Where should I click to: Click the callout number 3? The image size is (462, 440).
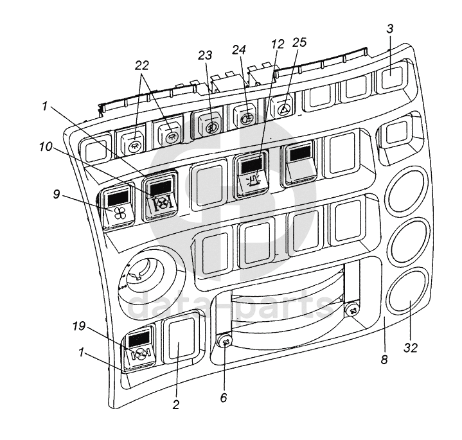(390, 29)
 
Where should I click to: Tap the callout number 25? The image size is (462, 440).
(299, 42)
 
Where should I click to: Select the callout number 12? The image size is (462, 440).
(278, 44)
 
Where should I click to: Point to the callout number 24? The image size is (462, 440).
(239, 49)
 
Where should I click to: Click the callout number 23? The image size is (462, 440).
(205, 55)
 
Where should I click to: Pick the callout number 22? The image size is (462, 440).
(142, 66)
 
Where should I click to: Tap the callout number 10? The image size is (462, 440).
(46, 146)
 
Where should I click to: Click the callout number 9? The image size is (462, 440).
(57, 195)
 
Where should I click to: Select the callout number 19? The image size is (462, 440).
(79, 326)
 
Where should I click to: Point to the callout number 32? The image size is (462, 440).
(411, 348)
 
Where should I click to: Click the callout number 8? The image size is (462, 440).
(384, 360)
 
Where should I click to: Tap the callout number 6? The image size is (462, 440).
(224, 398)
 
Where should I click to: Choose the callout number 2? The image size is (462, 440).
(176, 405)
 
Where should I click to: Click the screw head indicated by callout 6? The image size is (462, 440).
(225, 342)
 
